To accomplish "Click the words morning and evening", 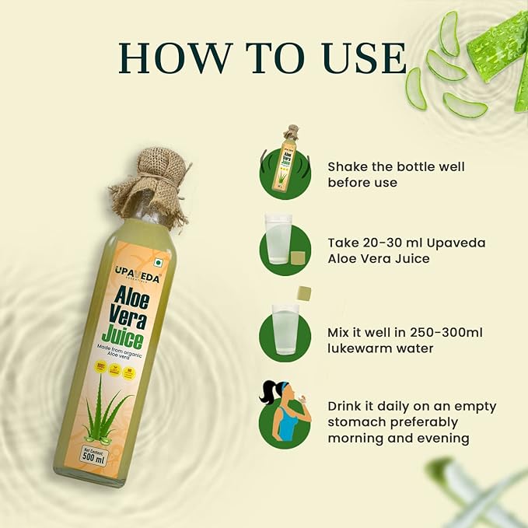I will coord(397,438).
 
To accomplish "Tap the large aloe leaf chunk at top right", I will coord(498,46).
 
